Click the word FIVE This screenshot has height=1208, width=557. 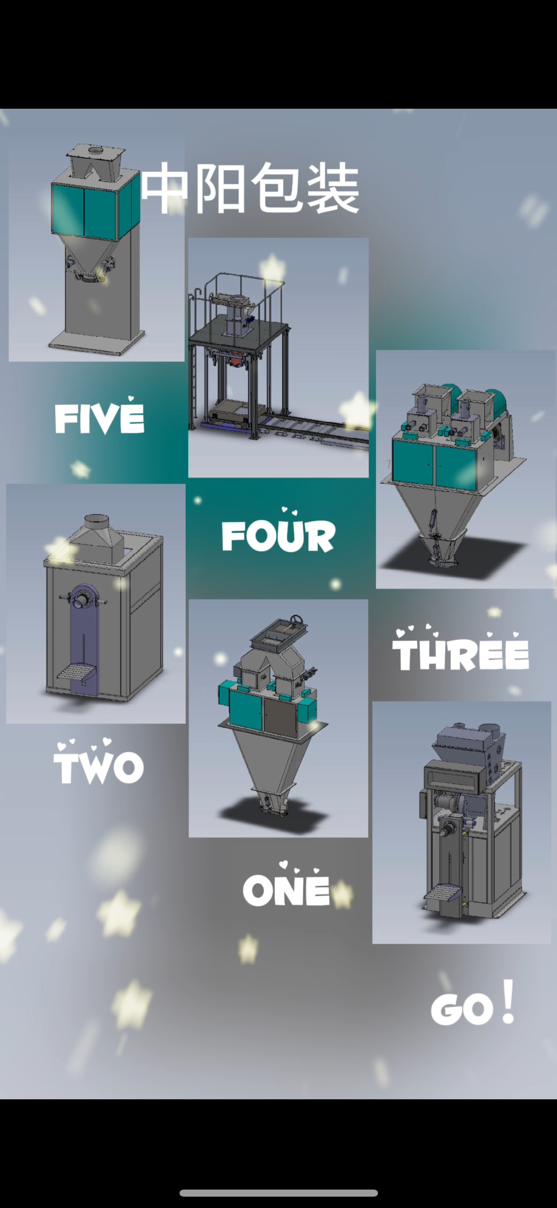100,418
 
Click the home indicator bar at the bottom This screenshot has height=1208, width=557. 278,1193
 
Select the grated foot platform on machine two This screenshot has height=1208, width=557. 76,671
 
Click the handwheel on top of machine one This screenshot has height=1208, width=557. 297,619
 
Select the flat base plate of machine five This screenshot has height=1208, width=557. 97,343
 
